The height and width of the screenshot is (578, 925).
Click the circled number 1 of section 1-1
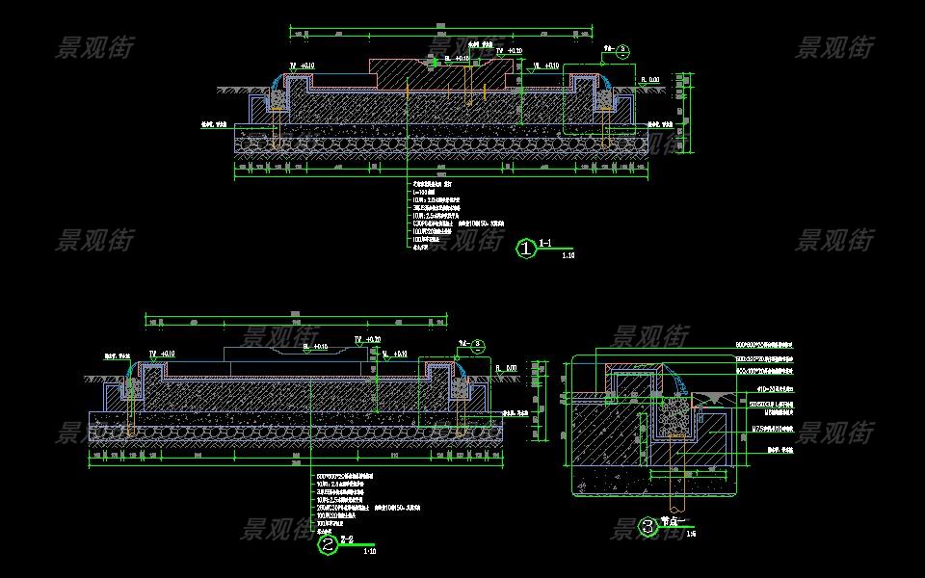tap(526, 250)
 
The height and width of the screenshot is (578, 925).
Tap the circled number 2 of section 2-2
tap(329, 546)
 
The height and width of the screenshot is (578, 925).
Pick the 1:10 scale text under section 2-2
tap(369, 552)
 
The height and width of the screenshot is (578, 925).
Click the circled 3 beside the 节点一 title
tap(648, 527)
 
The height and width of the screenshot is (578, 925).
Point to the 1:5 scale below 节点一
tap(691, 532)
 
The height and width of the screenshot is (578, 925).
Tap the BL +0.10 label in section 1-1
tap(458, 59)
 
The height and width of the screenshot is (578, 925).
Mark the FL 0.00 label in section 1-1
tap(651, 80)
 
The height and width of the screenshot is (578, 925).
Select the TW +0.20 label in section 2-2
tap(367, 340)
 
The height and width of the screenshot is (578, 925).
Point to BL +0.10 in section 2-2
tap(315, 345)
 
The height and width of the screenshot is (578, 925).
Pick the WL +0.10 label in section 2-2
tap(396, 354)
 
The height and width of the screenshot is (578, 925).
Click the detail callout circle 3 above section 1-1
tap(621, 48)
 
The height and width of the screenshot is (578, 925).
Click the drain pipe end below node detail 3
tap(674, 505)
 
